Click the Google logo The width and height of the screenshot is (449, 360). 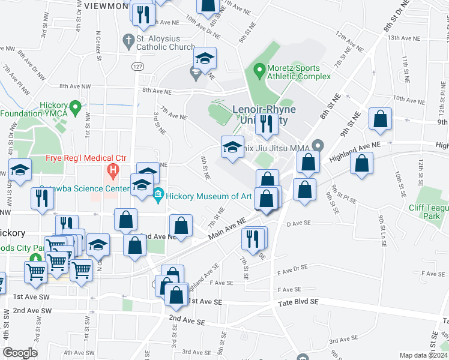[20, 352]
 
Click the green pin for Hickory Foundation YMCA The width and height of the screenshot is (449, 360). [75, 108]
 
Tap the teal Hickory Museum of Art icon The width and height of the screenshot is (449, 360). [158, 195]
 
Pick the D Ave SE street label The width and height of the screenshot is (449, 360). [298, 223]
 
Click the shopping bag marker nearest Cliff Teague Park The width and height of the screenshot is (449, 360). [361, 165]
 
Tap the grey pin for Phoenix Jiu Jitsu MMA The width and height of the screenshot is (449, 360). [318, 145]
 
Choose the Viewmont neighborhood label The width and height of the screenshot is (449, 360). [106, 5]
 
